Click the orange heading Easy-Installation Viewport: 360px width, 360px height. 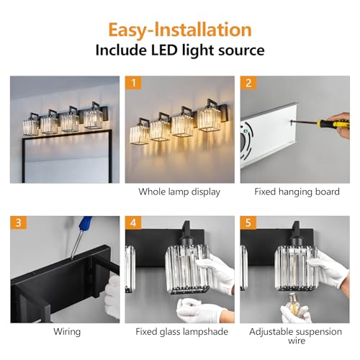click(180, 30)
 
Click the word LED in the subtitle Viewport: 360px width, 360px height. click(164, 50)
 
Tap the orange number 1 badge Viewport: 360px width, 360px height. click(133, 83)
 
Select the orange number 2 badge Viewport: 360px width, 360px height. click(248, 83)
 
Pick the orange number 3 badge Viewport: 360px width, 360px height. click(19, 222)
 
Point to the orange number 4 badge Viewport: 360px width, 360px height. click(133, 222)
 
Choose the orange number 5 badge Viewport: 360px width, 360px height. click(248, 222)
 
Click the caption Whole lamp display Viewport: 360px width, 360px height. click(179, 192)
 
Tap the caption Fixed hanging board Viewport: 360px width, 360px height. click(297, 192)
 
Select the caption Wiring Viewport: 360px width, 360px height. click(67, 332)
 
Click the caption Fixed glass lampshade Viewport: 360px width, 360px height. click(182, 332)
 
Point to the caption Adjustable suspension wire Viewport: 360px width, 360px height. click(295, 336)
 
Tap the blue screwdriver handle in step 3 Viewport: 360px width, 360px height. click(86, 222)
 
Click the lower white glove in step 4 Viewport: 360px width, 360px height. click(200, 311)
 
